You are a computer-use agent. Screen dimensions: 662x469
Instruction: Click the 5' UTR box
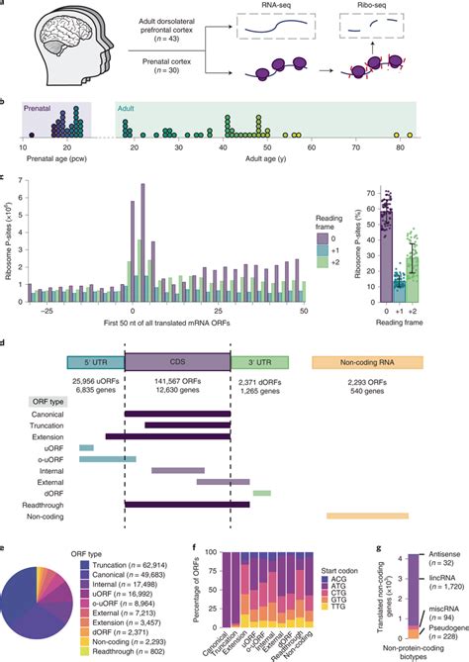(95, 364)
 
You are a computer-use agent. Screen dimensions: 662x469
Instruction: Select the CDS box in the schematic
(177, 364)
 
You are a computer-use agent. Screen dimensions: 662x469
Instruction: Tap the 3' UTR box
(259, 364)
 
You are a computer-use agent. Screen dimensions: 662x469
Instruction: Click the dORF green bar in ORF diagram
(261, 492)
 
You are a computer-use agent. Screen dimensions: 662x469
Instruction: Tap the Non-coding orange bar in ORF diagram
(367, 516)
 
